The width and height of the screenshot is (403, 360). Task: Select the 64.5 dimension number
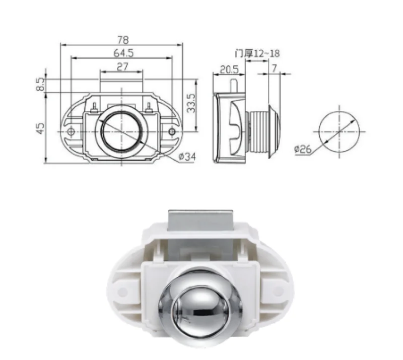123,53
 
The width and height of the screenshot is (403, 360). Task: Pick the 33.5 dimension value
191,103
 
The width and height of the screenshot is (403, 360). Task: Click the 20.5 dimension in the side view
229,70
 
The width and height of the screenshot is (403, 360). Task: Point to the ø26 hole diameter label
303,150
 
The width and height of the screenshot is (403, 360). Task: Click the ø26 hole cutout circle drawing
339,131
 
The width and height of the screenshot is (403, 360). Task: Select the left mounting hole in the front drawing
71,132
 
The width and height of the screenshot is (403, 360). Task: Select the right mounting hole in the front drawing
172,131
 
